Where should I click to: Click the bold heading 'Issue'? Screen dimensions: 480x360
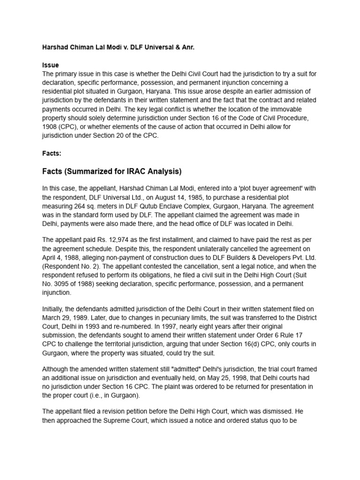[x=50, y=65]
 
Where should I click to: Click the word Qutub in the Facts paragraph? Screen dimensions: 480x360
[x=162, y=206]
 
